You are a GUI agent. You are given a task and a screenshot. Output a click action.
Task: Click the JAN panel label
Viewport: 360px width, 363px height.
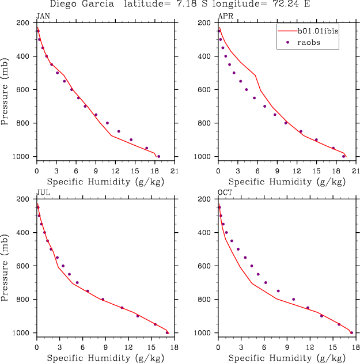pyautogui.click(x=43, y=17)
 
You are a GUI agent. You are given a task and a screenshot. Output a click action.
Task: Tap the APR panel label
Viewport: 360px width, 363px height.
pyautogui.click(x=224, y=17)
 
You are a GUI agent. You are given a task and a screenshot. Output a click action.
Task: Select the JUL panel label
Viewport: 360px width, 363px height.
pyautogui.click(x=42, y=193)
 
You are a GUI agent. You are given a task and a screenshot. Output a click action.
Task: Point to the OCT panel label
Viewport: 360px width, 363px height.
pyautogui.click(x=224, y=193)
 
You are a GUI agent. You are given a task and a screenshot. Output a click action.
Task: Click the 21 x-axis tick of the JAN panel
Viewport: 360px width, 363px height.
pyautogui.click(x=175, y=171)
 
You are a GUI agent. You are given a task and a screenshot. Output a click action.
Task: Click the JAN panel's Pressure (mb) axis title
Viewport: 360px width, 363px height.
pyautogui.click(x=6, y=89)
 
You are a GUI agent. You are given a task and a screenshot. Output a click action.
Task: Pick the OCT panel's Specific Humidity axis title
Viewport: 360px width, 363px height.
pyautogui.click(x=286, y=358)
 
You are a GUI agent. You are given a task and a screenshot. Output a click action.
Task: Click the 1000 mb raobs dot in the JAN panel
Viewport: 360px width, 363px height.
pyautogui.click(x=159, y=156)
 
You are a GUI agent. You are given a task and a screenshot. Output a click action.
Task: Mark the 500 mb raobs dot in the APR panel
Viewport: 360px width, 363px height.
pyautogui.click(x=234, y=73)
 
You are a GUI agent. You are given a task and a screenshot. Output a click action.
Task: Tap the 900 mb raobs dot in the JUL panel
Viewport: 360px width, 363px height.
pyautogui.click(x=138, y=316)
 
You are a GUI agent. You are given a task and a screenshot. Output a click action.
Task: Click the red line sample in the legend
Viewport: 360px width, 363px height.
pyautogui.click(x=286, y=31)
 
